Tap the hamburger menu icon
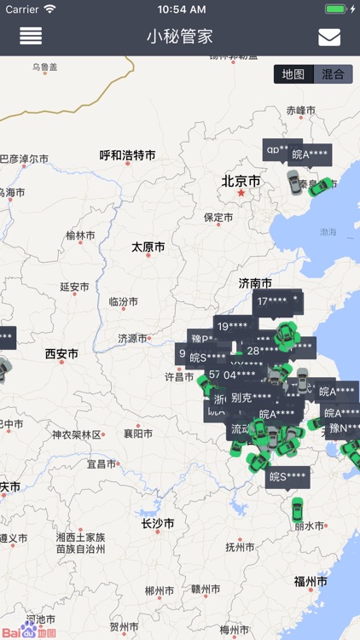[x=31, y=37]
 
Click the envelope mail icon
[x=329, y=37]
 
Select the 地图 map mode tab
[x=293, y=74]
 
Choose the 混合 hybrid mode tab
[x=334, y=74]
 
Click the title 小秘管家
[x=179, y=37]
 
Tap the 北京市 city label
[x=241, y=181]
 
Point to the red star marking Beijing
[x=241, y=194]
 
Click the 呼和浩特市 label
[x=128, y=155]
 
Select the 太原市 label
[x=148, y=247]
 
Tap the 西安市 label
[x=61, y=353]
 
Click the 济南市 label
[x=256, y=283]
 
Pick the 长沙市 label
[x=158, y=523]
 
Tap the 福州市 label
[x=311, y=581]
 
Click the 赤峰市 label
[x=301, y=111]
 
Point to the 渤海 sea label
[x=328, y=231]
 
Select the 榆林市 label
[x=81, y=236]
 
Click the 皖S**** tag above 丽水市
[x=287, y=476]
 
